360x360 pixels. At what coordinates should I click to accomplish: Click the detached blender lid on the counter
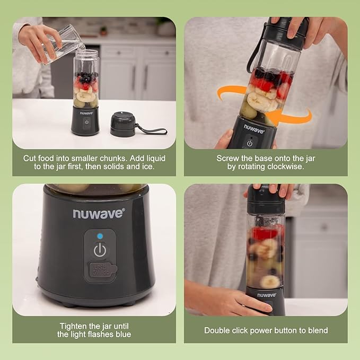[122, 124]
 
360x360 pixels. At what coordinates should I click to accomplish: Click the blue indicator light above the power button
[100, 235]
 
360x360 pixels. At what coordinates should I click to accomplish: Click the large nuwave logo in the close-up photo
[99, 213]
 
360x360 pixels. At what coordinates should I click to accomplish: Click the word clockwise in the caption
[292, 166]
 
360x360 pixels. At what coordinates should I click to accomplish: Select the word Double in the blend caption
[217, 330]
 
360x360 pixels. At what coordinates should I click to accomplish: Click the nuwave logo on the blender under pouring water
[86, 112]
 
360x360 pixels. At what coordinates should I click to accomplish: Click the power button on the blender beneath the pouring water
[86, 121]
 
